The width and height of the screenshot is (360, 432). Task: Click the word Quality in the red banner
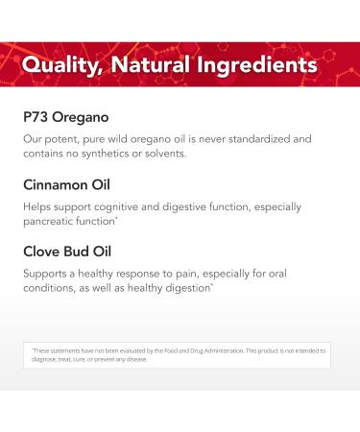(64, 66)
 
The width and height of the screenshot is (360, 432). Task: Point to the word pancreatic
(57, 220)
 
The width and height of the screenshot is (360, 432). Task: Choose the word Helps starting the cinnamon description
(38, 206)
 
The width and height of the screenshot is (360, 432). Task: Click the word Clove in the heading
(44, 252)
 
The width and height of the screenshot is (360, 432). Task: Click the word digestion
(203, 287)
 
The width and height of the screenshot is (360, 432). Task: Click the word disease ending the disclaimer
(136, 359)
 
